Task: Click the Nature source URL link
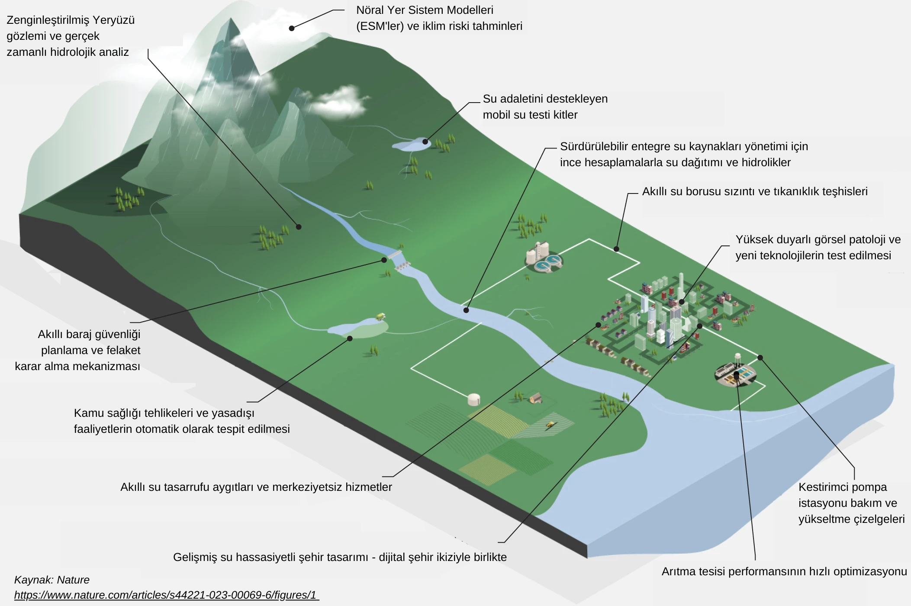point(166,595)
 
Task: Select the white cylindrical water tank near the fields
point(474,399)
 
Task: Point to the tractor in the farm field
point(550,425)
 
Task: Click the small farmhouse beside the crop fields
point(536,398)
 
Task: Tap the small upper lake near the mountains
point(411,144)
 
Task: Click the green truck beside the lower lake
point(380,316)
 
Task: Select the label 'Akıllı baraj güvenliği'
point(89,334)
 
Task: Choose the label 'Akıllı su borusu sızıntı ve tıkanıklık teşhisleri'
point(755,191)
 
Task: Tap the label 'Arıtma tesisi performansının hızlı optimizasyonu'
point(784,571)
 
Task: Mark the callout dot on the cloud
point(292,28)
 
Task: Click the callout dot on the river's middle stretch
point(466,310)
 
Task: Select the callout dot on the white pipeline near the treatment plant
point(616,249)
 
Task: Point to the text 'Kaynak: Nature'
point(52,580)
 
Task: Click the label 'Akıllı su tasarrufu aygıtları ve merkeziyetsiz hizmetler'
point(256,487)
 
